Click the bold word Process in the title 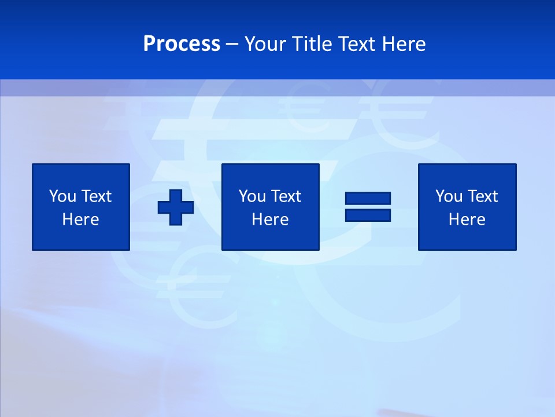click(182, 44)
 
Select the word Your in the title click(266, 44)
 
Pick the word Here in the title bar click(404, 44)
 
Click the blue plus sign click(176, 207)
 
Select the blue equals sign click(368, 207)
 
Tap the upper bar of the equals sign click(368, 199)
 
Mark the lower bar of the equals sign click(368, 215)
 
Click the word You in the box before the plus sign click(62, 196)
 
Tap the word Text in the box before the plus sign click(96, 196)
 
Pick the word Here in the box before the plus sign click(81, 220)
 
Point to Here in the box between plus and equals click(271, 220)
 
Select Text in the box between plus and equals click(286, 196)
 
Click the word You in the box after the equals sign click(449, 196)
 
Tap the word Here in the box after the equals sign click(467, 220)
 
